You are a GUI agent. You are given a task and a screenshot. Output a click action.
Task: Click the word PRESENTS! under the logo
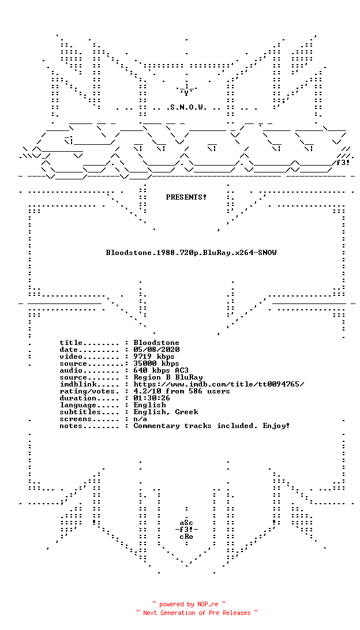[186, 197]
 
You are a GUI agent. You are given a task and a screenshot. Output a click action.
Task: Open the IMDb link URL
[219, 384]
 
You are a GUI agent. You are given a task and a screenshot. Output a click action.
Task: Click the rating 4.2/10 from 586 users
[182, 391]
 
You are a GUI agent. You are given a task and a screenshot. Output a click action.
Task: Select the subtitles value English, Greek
[166, 412]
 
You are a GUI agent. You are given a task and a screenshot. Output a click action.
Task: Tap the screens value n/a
[141, 419]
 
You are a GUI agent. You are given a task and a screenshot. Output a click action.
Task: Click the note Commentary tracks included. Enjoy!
[212, 426]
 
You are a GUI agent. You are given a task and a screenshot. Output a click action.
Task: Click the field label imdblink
[78, 384]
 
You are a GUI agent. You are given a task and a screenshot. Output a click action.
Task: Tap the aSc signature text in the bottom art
[186, 523]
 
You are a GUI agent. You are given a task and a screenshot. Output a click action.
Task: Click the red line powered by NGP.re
[189, 604]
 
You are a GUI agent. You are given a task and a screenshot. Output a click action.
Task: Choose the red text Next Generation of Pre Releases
[197, 613]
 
